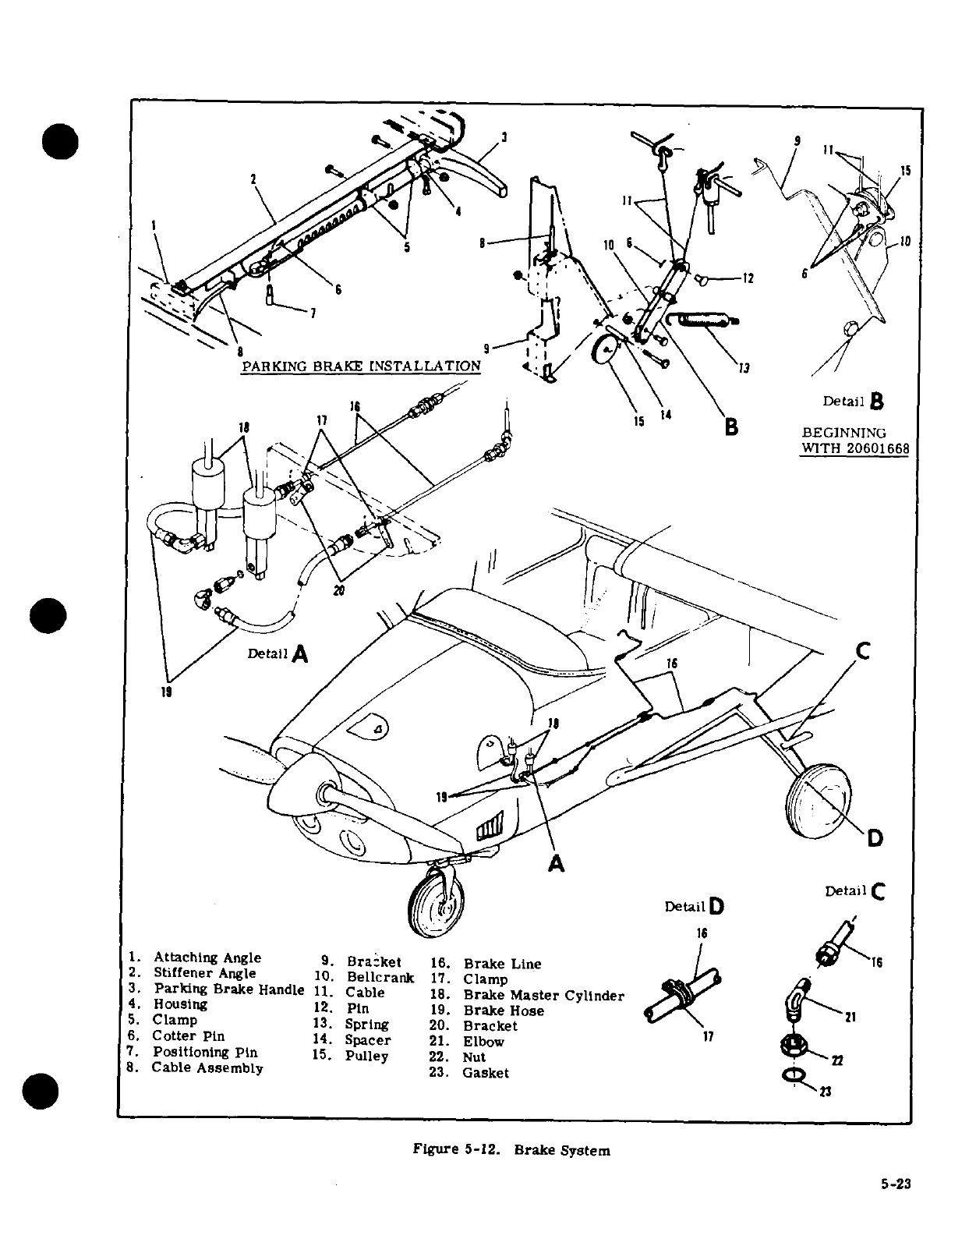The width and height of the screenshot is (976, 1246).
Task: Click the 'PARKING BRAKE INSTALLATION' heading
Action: tap(361, 366)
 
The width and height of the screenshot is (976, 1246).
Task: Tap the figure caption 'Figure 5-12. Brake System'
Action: tap(511, 1150)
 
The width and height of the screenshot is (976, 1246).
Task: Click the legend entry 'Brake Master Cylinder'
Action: tap(543, 996)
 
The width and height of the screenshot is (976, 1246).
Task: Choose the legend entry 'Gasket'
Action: tap(485, 1073)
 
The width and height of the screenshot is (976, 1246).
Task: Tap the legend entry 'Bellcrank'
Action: tap(380, 977)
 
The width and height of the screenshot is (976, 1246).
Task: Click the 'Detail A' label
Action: tap(278, 653)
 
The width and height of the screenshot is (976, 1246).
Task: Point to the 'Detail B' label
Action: tap(854, 402)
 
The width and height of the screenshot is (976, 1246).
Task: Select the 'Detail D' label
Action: tap(695, 906)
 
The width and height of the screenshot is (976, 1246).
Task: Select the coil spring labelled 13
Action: tap(704, 319)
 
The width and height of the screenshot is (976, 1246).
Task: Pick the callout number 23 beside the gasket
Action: tap(826, 1092)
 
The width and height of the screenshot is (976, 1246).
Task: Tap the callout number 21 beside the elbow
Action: tap(850, 1018)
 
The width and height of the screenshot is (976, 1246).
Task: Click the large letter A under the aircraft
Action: tap(556, 864)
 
